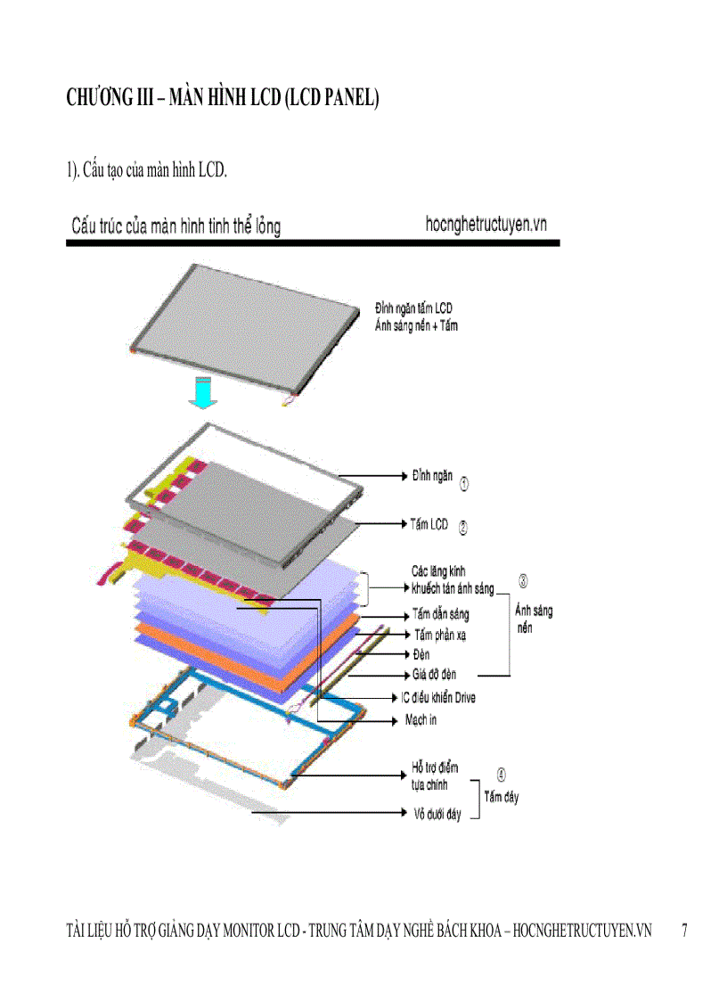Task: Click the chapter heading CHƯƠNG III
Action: [x=223, y=99]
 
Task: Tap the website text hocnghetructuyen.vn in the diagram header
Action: [x=486, y=225]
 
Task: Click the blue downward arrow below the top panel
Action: [x=204, y=392]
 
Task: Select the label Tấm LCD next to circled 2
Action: [x=429, y=525]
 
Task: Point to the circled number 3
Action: [x=523, y=581]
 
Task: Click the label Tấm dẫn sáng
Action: [x=440, y=614]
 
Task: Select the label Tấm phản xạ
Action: [x=440, y=635]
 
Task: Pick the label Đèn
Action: [x=421, y=654]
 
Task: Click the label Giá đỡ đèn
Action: [x=435, y=675]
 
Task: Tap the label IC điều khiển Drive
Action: [x=437, y=697]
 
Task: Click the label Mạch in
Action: [x=421, y=719]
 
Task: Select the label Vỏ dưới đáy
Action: [x=437, y=814]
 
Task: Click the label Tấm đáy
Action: [x=501, y=797]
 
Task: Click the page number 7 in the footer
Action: [x=684, y=931]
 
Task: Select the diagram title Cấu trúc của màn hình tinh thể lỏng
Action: [x=176, y=226]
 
